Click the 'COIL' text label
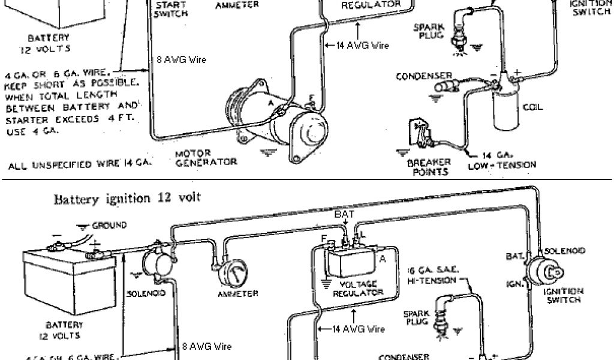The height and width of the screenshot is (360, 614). [532, 108]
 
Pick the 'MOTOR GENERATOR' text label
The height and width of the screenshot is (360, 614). [206, 157]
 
